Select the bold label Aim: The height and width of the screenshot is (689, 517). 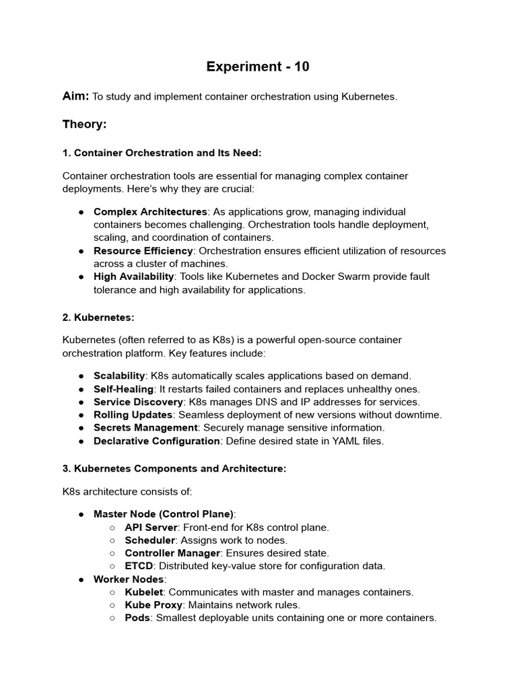tap(75, 96)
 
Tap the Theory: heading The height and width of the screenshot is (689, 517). tap(85, 124)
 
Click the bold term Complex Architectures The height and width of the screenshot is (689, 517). tap(150, 212)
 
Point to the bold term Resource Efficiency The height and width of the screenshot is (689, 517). tap(143, 251)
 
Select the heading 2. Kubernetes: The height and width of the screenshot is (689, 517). tap(99, 316)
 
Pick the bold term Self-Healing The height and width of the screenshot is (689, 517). tap(124, 389)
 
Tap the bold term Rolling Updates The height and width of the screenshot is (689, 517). tap(133, 415)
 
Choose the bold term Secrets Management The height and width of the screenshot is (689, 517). tap(145, 428)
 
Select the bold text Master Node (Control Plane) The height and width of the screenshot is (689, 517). tap(164, 514)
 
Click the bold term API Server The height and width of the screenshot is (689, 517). tap(151, 527)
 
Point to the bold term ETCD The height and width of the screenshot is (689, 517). tap(139, 566)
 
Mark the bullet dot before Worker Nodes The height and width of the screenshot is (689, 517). tap(81, 579)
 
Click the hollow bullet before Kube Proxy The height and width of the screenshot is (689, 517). tap(112, 605)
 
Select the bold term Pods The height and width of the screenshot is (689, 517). tap(137, 618)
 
